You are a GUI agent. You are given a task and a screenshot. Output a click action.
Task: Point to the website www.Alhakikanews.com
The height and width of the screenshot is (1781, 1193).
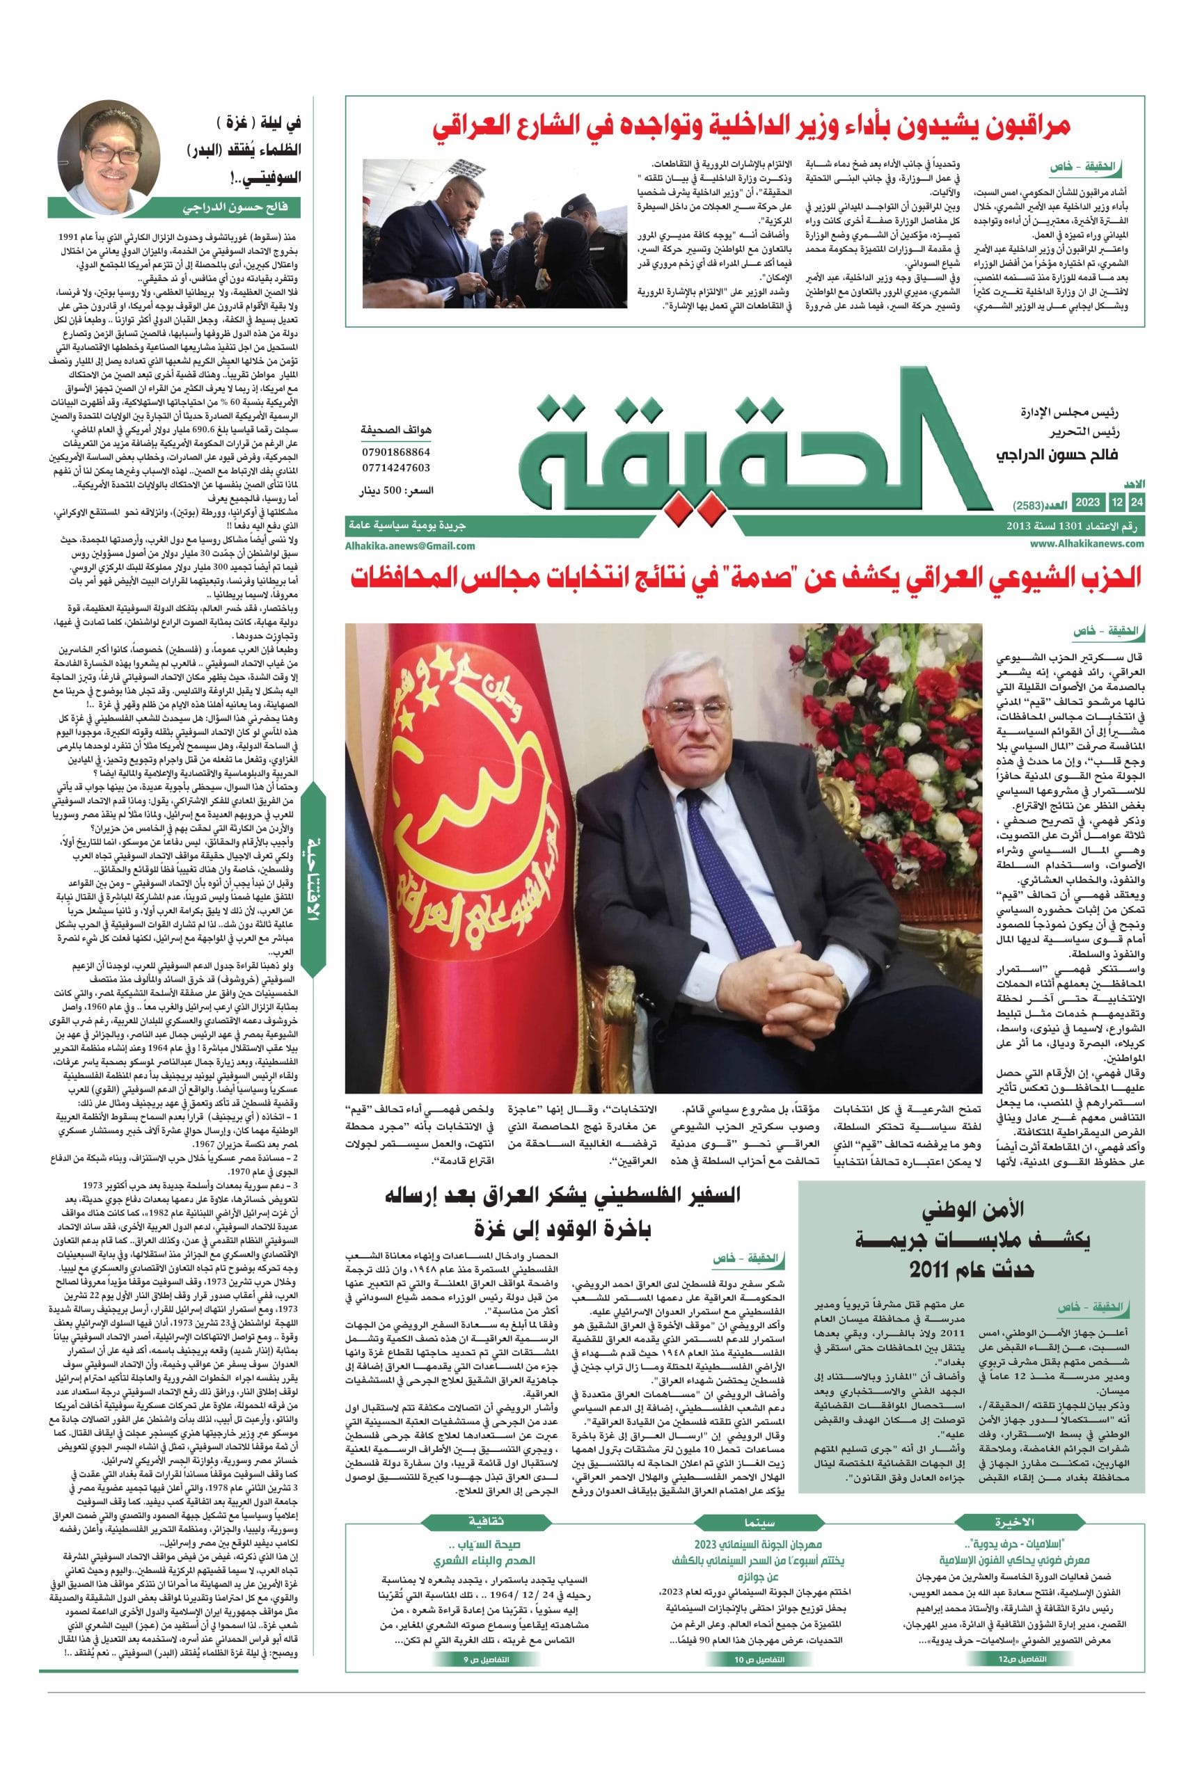tap(1087, 543)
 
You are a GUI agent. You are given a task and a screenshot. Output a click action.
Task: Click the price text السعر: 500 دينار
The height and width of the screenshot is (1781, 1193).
tap(397, 492)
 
